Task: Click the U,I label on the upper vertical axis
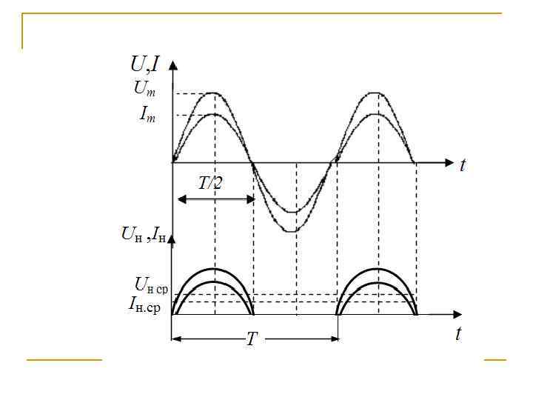[x=145, y=64]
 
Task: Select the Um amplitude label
[x=144, y=88]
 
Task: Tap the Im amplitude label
[x=147, y=114]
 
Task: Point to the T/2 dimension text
[x=210, y=184]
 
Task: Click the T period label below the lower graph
[x=252, y=339]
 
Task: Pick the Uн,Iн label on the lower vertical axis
[x=144, y=234]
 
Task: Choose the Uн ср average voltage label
[x=151, y=285]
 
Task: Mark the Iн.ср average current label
[x=144, y=304]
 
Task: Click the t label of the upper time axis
[x=462, y=166]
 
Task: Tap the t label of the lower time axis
[x=458, y=333]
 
